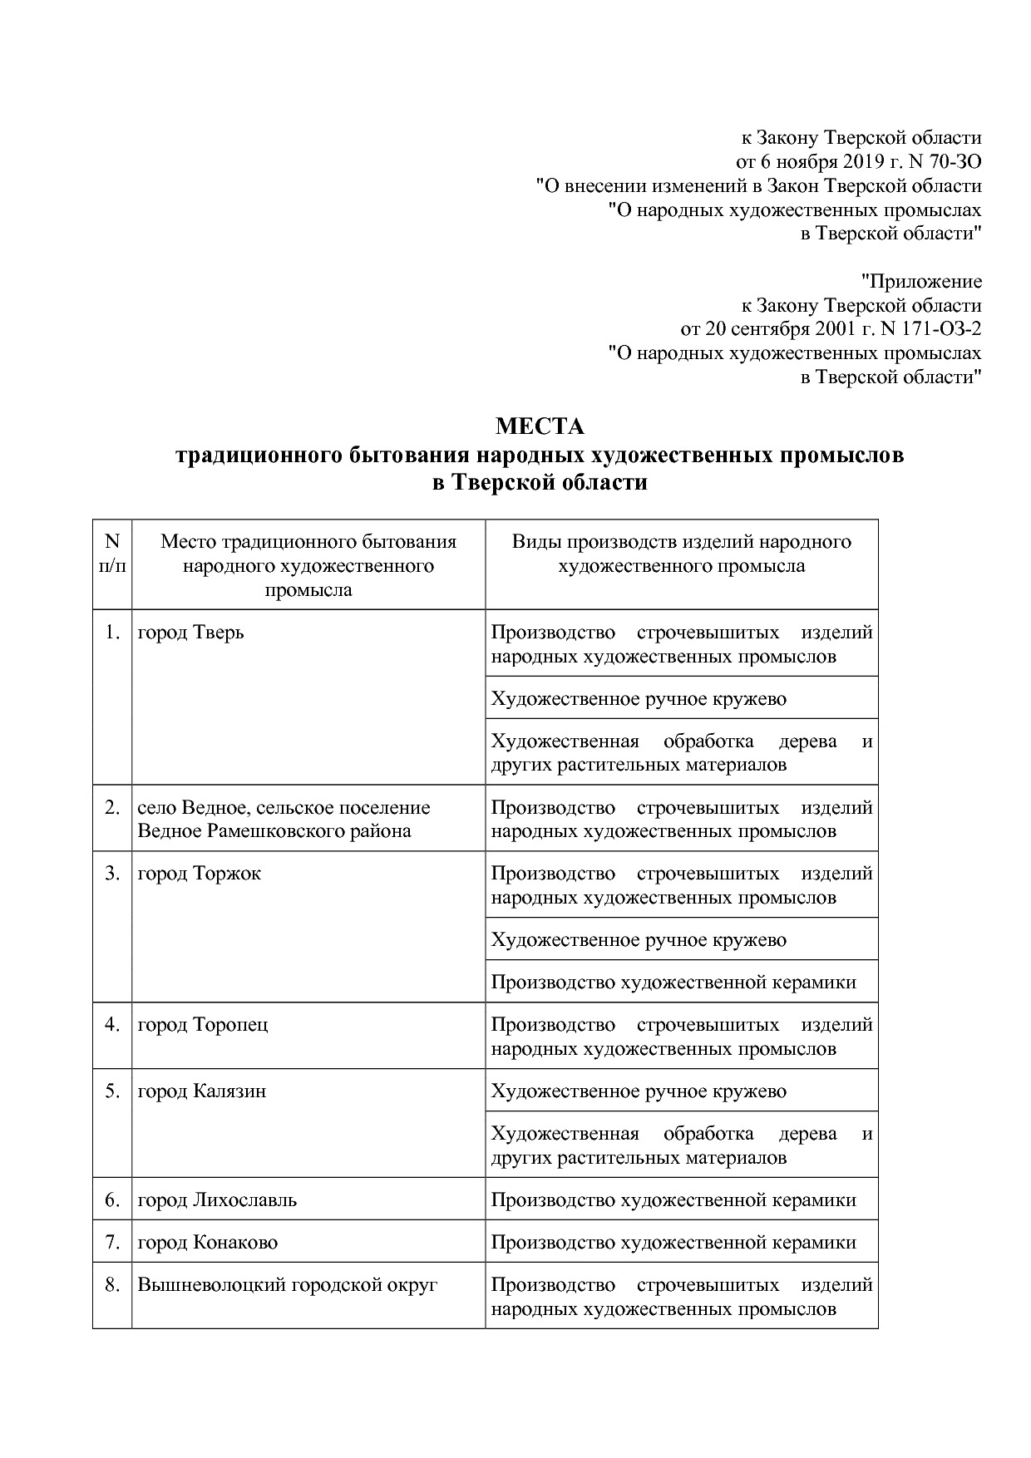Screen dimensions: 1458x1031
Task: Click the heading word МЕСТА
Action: (x=540, y=426)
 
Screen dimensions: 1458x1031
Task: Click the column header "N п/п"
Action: (x=112, y=554)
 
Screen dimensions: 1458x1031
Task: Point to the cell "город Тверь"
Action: (x=190, y=633)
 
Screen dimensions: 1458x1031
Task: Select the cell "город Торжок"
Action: (x=199, y=874)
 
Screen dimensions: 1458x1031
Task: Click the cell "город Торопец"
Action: (x=202, y=1024)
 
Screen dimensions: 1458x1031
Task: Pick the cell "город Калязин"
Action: (x=201, y=1091)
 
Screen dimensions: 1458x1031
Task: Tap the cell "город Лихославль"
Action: (x=216, y=1199)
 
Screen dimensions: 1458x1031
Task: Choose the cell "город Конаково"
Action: (x=207, y=1242)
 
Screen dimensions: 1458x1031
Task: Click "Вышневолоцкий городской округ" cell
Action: (x=287, y=1284)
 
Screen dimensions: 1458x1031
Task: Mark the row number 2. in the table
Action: (x=112, y=807)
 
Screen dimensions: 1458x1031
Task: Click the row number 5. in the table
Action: (x=112, y=1091)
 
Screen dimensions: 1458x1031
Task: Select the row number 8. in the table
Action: (x=112, y=1284)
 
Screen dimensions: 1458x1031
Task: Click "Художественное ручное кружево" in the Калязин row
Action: (x=638, y=1091)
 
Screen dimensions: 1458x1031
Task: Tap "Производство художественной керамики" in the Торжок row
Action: (x=673, y=982)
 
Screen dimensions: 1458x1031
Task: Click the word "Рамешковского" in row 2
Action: (x=280, y=831)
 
